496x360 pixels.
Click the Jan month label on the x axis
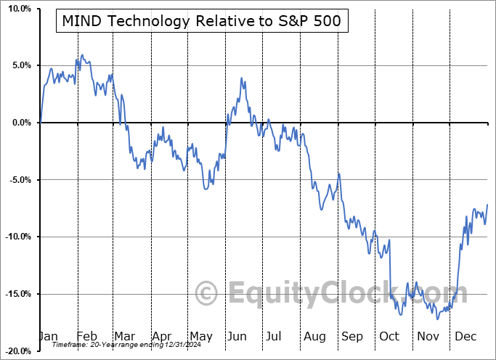coord(47,337)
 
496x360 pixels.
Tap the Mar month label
coord(124,337)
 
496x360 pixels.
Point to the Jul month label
coord(275,337)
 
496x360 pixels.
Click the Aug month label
coord(314,337)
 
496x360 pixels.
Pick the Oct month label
coord(389,337)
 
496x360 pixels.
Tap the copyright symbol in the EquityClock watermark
coord(207,293)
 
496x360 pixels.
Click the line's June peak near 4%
coord(240,78)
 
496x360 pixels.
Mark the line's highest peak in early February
coord(82,55)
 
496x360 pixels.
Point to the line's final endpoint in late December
coord(487,205)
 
